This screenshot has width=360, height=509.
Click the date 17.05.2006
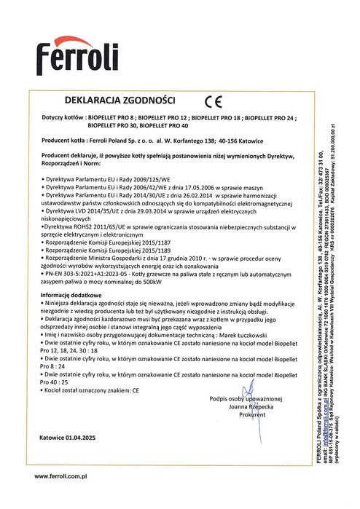point(193,186)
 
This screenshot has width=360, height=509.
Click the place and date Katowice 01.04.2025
point(72,438)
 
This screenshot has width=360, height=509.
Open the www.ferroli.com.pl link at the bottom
point(61,476)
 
